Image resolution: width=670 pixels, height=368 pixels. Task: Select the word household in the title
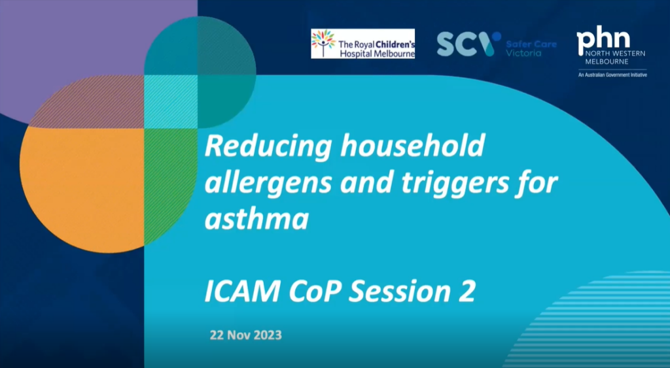click(x=413, y=146)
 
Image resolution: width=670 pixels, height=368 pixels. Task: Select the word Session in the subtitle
click(x=400, y=292)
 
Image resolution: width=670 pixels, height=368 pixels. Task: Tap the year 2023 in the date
click(x=268, y=335)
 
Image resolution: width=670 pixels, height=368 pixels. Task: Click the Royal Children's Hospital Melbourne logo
click(x=362, y=44)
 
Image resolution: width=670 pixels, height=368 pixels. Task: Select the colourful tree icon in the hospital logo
click(x=323, y=43)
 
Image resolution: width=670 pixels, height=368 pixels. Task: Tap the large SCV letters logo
click(x=468, y=44)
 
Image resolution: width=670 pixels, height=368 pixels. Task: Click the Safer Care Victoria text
click(x=531, y=48)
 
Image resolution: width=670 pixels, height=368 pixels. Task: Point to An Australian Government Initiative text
click(x=612, y=75)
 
